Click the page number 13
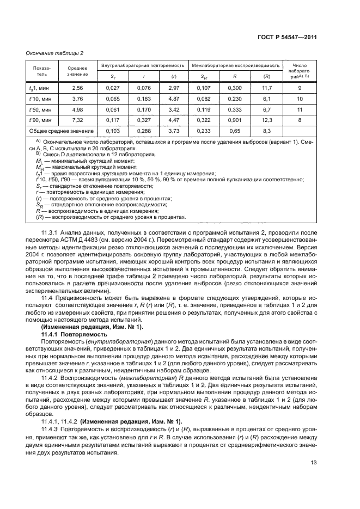point(313,463)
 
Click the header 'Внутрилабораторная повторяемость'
point(143,65)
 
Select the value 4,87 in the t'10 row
point(174,98)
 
